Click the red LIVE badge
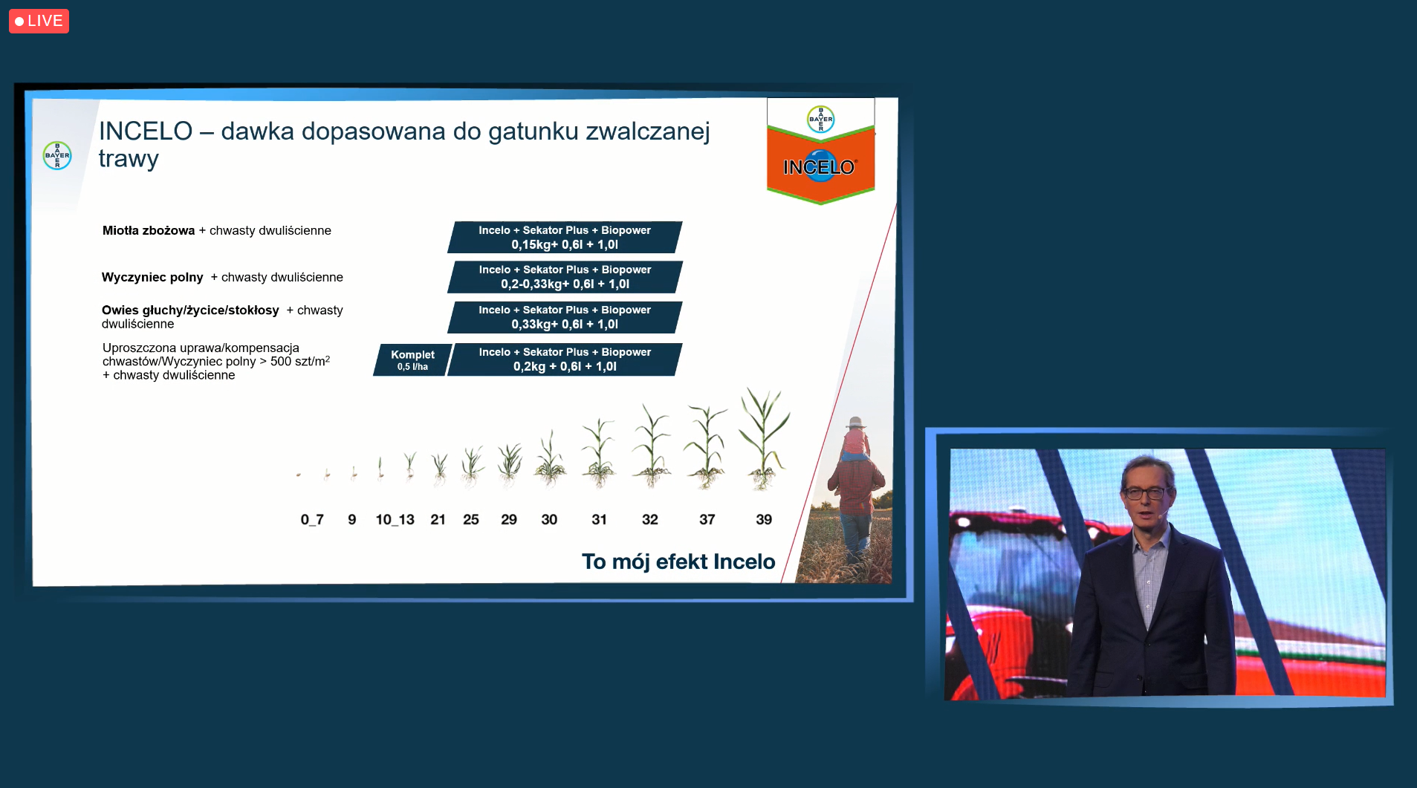tap(39, 21)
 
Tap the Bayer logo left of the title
tap(57, 155)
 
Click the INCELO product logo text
tap(820, 167)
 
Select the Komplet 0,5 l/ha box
tap(412, 359)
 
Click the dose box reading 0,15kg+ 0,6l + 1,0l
tap(565, 237)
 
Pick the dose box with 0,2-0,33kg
tap(565, 277)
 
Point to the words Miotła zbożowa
tap(149, 230)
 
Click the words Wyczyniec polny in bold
tap(152, 277)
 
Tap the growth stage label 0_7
tap(312, 519)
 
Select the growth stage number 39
tap(764, 519)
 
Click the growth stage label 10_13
tap(395, 519)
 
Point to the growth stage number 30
tap(549, 519)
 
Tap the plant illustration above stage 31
tap(599, 452)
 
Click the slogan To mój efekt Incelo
tap(678, 561)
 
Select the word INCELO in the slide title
tap(146, 131)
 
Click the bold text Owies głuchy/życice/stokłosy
tap(190, 310)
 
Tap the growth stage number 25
tap(471, 519)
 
